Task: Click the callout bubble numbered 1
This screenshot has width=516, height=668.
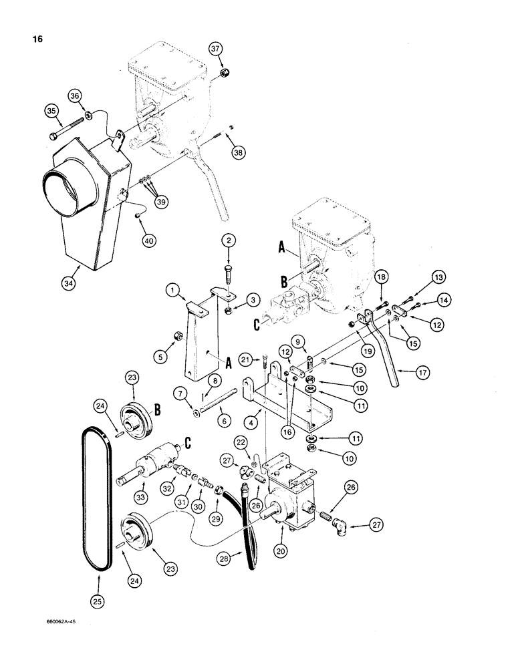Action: coord(173,291)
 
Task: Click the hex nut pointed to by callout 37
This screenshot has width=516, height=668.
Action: coord(226,72)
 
